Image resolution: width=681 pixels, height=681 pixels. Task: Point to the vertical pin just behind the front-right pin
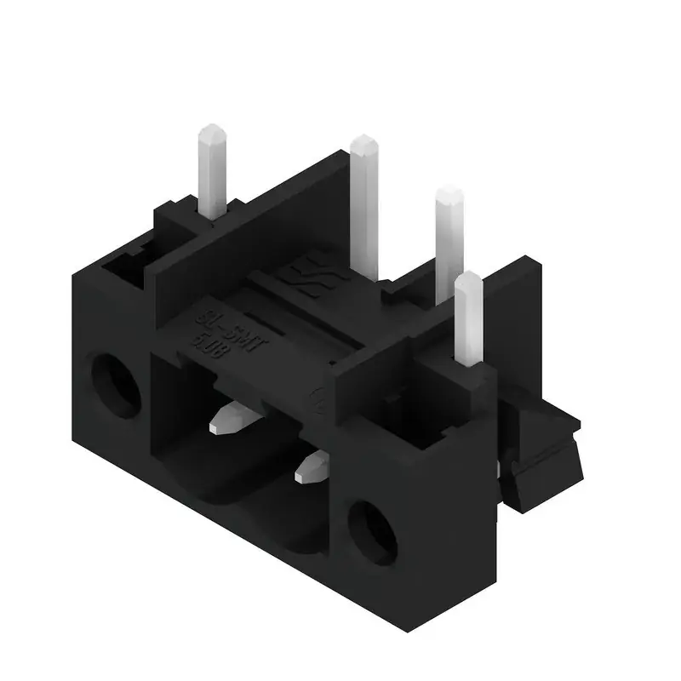pyautogui.click(x=449, y=238)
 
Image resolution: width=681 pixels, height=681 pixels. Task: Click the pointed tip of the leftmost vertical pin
pyautogui.click(x=212, y=132)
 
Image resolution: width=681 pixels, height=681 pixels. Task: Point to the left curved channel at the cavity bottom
pyautogui.click(x=204, y=485)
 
